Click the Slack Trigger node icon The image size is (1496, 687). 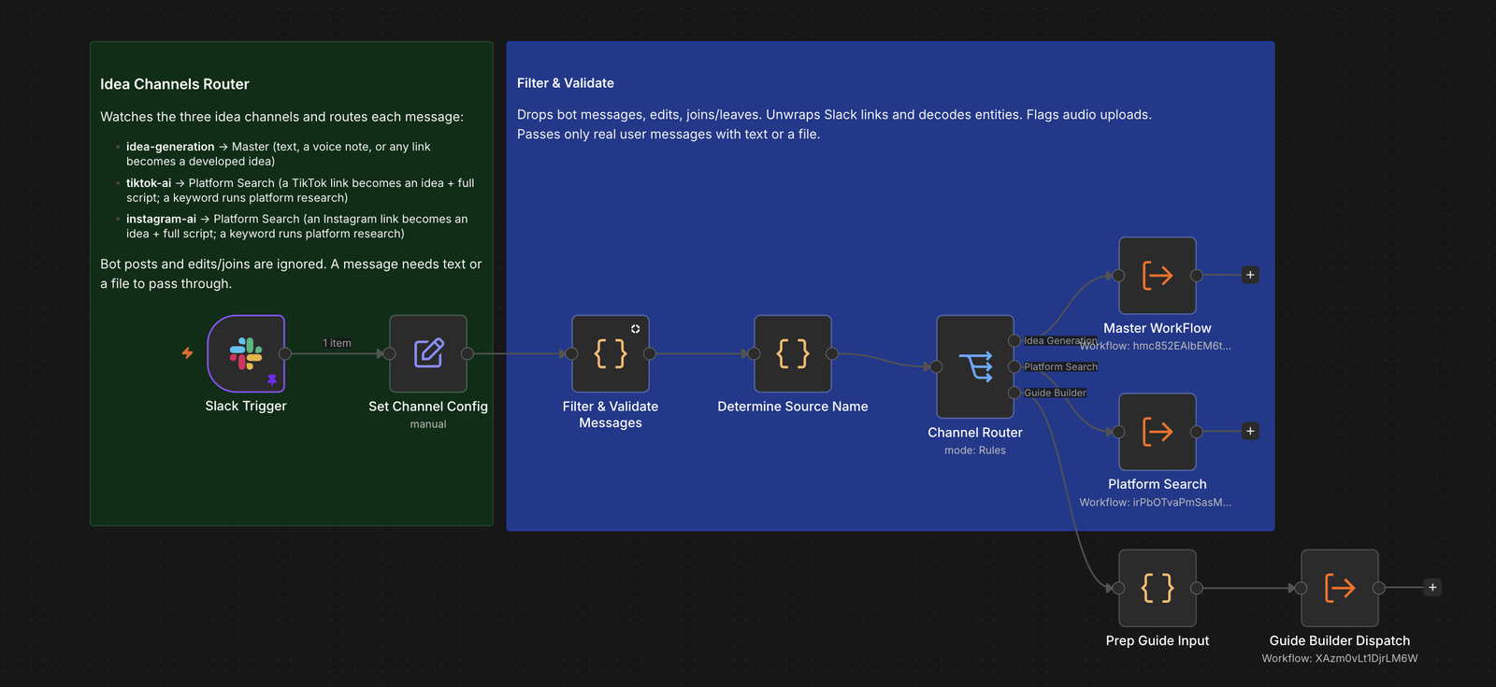[x=246, y=354]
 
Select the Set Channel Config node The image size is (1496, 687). [x=428, y=354]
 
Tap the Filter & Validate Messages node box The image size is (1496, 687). [x=611, y=354]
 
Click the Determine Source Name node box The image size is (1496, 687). [x=793, y=354]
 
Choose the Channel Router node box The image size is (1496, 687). [x=975, y=366]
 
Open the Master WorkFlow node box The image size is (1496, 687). [x=1158, y=275]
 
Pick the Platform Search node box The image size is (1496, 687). [x=1158, y=431]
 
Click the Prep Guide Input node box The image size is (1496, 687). [x=1158, y=588]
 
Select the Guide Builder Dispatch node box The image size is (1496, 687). [x=1340, y=588]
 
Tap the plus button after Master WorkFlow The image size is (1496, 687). [x=1250, y=275]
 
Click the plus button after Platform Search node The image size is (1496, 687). [x=1250, y=431]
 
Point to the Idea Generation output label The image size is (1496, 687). [x=1060, y=340]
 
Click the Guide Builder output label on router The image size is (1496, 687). [x=1056, y=393]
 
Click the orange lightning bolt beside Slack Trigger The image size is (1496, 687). [x=188, y=352]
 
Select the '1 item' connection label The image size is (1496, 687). [x=337, y=343]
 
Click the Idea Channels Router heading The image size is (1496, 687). [x=174, y=84]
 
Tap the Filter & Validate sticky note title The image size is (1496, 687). [x=565, y=83]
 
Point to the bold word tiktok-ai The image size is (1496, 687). [x=149, y=183]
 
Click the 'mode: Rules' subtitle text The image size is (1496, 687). [x=975, y=450]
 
